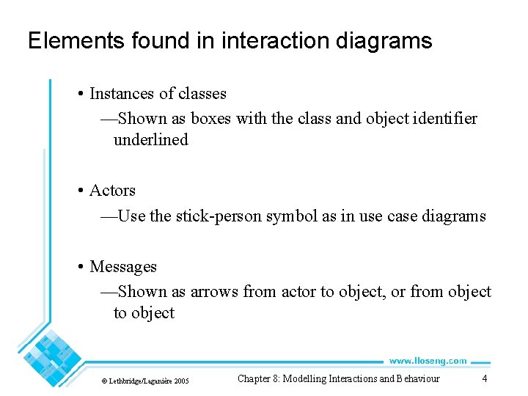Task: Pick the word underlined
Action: tap(150, 139)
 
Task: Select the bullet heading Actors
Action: tap(112, 191)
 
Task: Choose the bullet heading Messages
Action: tap(123, 267)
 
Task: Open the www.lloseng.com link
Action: tap(428, 361)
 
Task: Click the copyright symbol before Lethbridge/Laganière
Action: tap(104, 381)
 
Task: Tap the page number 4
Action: tap(484, 378)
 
